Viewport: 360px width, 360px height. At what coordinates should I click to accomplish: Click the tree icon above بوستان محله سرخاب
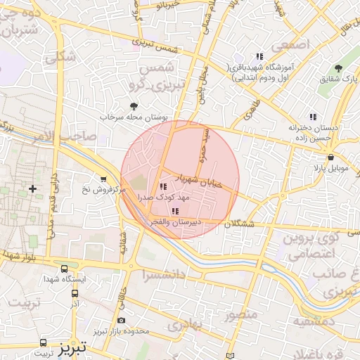[134, 106]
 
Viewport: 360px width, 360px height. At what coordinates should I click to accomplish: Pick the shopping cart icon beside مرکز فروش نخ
[104, 179]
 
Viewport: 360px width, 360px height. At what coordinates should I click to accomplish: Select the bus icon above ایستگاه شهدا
[65, 269]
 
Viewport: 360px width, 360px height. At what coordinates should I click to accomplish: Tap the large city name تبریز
[72, 347]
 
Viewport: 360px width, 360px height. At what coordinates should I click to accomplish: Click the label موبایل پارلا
[329, 169]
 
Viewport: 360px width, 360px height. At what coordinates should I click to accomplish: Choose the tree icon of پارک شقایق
[339, 68]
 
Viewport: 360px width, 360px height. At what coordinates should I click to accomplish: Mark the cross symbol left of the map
[32, 188]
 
